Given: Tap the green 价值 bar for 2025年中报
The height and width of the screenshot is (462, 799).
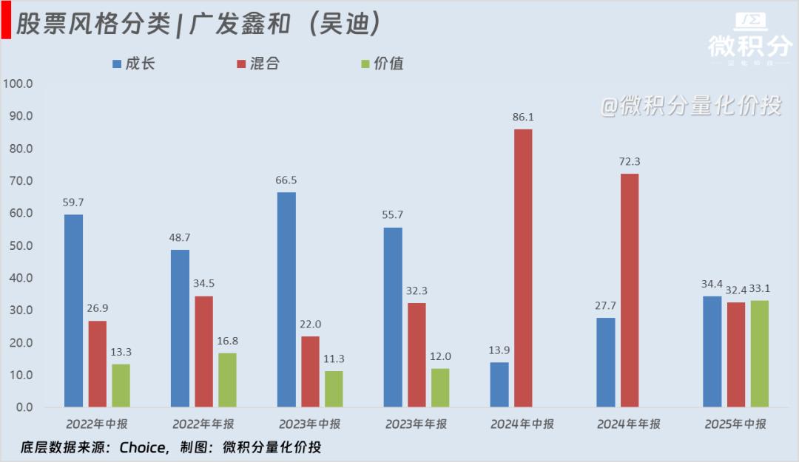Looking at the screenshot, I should click(x=760, y=353).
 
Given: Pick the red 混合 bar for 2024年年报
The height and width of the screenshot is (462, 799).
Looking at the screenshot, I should click(x=629, y=290).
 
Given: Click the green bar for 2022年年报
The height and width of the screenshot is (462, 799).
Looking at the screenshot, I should click(x=227, y=380).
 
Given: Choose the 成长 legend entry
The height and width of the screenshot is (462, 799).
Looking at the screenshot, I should click(x=133, y=64).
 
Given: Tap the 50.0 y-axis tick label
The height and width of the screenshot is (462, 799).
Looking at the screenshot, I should click(x=20, y=245).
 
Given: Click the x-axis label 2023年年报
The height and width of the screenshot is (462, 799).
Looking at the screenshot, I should click(x=416, y=424).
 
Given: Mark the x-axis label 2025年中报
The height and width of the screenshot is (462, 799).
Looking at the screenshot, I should click(x=735, y=424).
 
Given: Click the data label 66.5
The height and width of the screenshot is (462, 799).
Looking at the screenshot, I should click(x=286, y=180).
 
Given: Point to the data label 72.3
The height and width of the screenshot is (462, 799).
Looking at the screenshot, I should click(x=630, y=162).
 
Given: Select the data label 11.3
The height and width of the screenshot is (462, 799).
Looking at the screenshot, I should click(x=334, y=359).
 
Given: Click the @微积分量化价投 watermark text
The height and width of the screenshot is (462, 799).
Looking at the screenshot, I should click(x=690, y=106).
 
